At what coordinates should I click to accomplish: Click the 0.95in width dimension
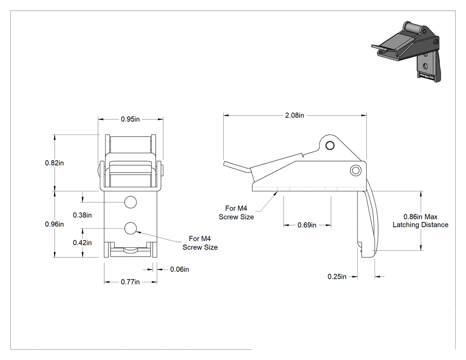(130, 119)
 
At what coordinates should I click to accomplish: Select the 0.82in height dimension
(55, 163)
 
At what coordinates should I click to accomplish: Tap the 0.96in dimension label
(55, 224)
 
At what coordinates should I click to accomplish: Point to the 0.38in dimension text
(82, 215)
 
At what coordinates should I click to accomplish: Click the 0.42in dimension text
(82, 243)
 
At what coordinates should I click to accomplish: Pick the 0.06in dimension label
(179, 269)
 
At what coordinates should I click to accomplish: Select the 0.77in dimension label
(130, 282)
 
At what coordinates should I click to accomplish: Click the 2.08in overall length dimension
(295, 115)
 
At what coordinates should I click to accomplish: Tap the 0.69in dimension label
(307, 225)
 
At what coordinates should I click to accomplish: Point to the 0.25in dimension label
(337, 277)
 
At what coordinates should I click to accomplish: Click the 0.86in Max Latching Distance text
(421, 221)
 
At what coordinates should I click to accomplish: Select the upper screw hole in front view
(130, 202)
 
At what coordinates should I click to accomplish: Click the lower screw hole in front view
(130, 228)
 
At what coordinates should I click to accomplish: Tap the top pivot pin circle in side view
(330, 145)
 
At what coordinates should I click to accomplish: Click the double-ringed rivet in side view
(355, 170)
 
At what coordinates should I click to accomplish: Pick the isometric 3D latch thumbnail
(406, 51)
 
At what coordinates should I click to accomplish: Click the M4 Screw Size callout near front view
(200, 243)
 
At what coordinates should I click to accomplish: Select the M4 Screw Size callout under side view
(236, 213)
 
